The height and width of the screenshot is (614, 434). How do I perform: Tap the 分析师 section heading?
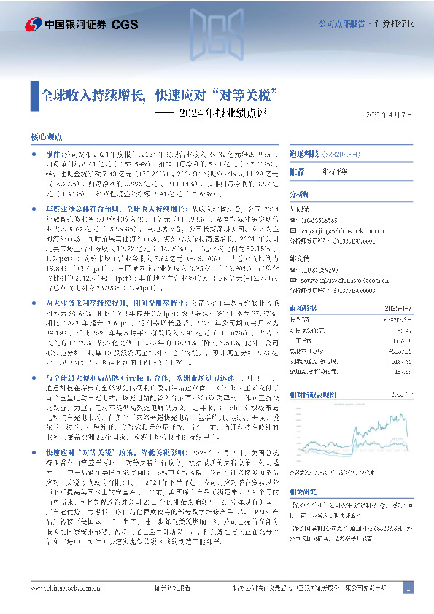300,195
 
